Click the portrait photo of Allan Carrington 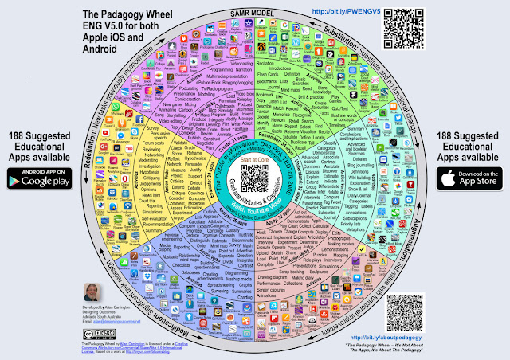tap(93, 294)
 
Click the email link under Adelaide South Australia tap(120, 319)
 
